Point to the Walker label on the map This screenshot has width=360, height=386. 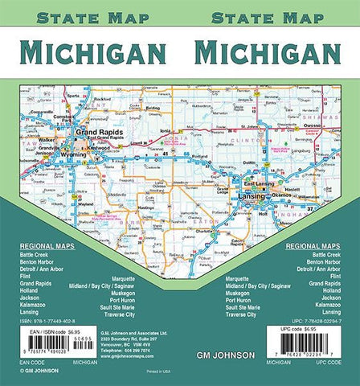tap(47, 138)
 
